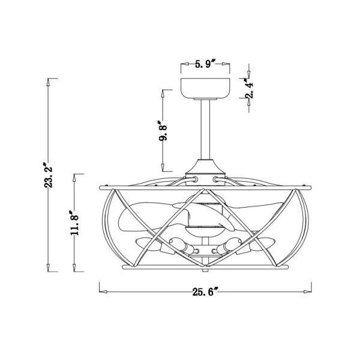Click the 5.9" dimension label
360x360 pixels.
(205, 64)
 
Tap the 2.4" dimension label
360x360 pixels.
(250, 88)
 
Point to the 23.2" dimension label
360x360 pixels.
(49, 175)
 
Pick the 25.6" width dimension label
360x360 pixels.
(205, 292)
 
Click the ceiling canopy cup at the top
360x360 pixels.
(205, 89)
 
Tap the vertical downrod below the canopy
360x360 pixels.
(205, 130)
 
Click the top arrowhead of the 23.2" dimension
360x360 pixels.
(48, 82)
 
